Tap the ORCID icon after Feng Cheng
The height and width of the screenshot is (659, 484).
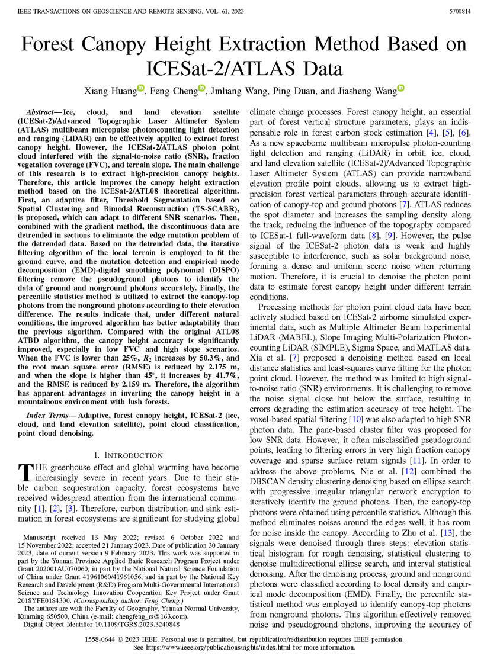(x=201, y=89)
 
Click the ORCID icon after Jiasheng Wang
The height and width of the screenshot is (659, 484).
(x=400, y=89)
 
